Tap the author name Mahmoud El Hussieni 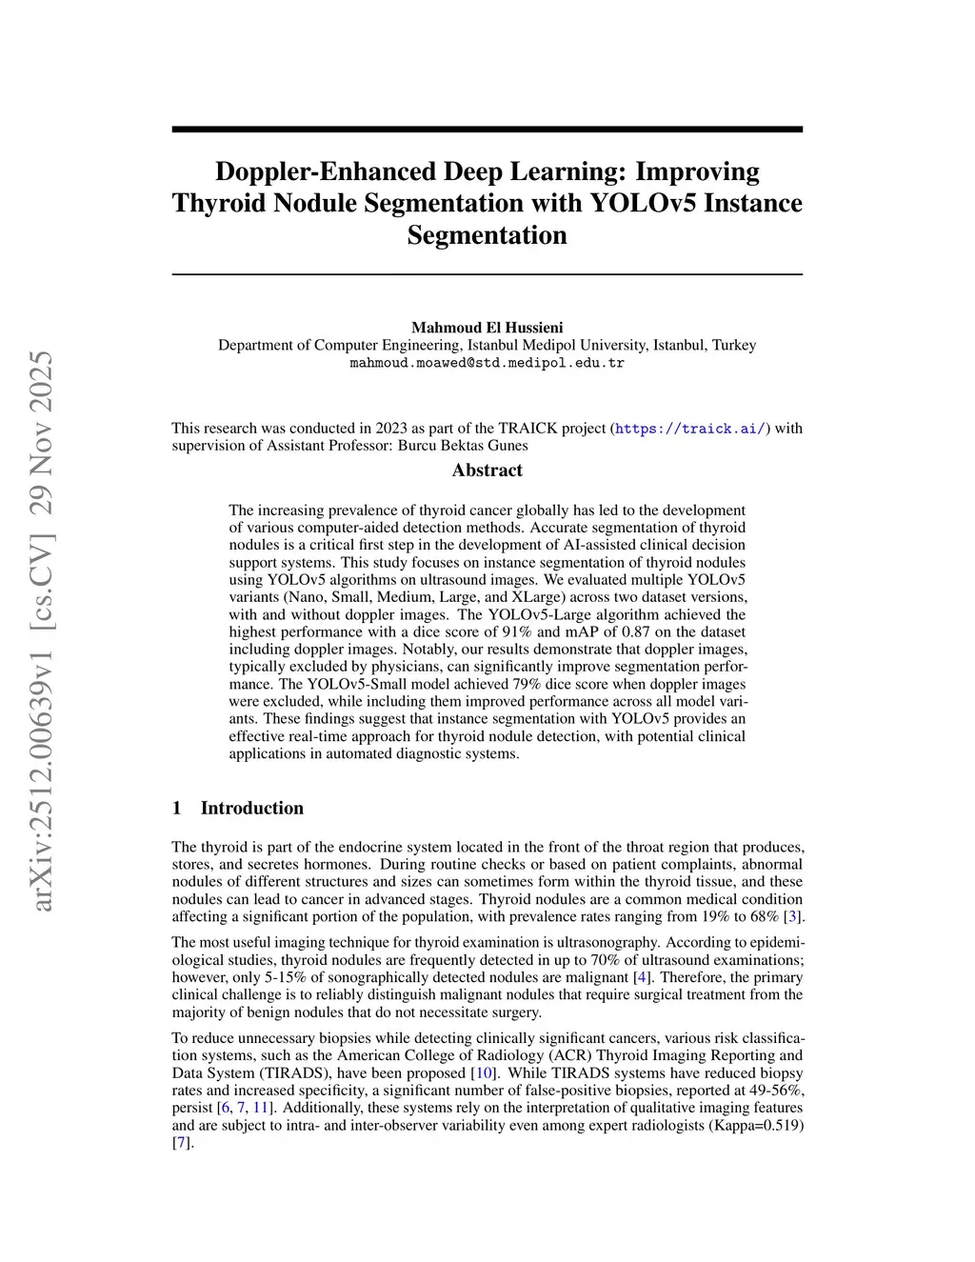(x=487, y=328)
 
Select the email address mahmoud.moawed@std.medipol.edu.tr (x=487, y=363)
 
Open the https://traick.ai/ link (x=690, y=429)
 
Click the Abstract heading (x=487, y=470)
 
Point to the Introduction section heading (x=251, y=808)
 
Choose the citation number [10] (x=484, y=1072)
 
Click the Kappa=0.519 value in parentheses (x=750, y=1125)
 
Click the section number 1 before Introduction (x=177, y=808)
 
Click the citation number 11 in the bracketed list (x=260, y=1108)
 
